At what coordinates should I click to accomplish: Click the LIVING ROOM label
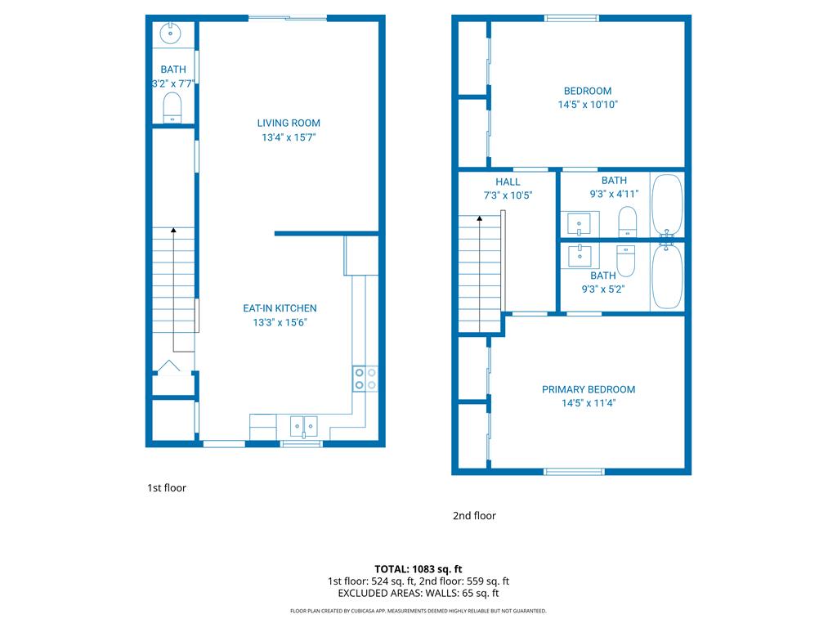[x=289, y=123]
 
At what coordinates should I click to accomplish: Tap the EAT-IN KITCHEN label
[x=280, y=308]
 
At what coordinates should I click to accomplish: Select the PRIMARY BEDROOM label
[x=589, y=389]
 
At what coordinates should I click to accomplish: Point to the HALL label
[x=508, y=182]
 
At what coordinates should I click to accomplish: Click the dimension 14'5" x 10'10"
[x=588, y=105]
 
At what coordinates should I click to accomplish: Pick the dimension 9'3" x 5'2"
[x=603, y=289]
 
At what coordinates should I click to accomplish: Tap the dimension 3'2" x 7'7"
[x=173, y=83]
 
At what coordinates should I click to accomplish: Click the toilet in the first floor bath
[x=172, y=108]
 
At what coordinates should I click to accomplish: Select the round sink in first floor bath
[x=170, y=33]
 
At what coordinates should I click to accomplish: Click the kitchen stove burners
[x=365, y=379]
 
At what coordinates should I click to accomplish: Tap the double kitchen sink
[x=304, y=427]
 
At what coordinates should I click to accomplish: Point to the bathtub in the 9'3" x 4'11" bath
[x=667, y=204]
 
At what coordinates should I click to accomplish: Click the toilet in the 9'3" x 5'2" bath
[x=625, y=261]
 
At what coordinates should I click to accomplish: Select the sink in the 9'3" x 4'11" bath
[x=580, y=224]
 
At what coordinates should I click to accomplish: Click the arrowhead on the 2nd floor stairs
[x=480, y=218]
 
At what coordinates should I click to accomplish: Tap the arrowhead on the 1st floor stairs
[x=173, y=230]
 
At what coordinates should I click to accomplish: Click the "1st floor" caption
[x=167, y=487]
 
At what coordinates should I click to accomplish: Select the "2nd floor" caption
[x=474, y=515]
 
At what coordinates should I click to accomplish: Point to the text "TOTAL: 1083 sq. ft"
[x=418, y=569]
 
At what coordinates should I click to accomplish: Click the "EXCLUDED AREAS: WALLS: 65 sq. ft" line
[x=418, y=594]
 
